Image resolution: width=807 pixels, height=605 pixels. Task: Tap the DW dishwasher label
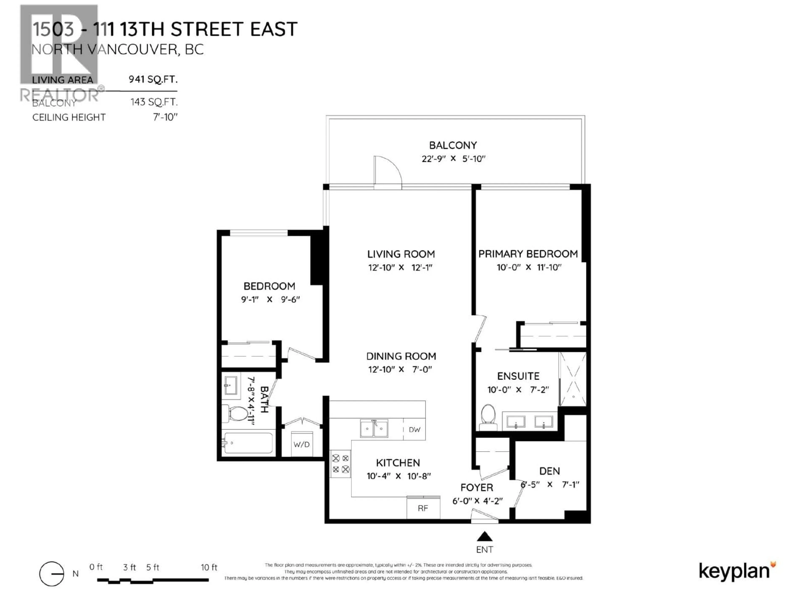pyautogui.click(x=414, y=430)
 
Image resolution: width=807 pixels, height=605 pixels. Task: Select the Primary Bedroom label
pyautogui.click(x=528, y=254)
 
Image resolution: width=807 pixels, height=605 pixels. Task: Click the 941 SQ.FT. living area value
pyautogui.click(x=153, y=79)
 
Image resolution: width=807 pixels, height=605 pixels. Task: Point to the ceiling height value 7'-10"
pyautogui.click(x=165, y=117)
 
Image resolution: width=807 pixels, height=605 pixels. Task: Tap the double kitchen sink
pyautogui.click(x=374, y=428)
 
